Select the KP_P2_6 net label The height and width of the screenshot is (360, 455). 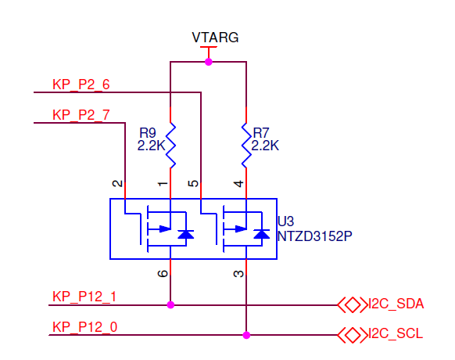(81, 85)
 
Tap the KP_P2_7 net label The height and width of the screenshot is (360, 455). (81, 115)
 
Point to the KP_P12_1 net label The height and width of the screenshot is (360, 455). (84, 297)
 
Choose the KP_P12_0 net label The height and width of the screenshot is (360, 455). (84, 327)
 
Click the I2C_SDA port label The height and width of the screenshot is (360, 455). (397, 304)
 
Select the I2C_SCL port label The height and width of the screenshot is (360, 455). (397, 334)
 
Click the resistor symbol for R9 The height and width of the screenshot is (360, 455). (170, 144)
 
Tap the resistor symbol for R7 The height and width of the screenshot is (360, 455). (246, 144)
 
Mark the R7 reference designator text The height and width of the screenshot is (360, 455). (261, 132)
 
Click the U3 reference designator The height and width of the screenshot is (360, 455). (285, 221)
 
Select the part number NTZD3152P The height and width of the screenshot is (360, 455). (315, 234)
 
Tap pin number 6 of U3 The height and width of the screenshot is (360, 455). (163, 273)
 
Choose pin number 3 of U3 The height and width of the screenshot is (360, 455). (238, 273)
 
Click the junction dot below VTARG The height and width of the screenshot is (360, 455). (208, 62)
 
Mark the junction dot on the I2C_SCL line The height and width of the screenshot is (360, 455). (246, 335)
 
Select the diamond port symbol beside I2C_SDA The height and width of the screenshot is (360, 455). (352, 304)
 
